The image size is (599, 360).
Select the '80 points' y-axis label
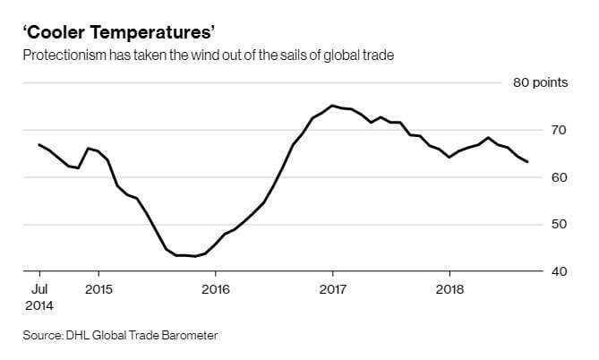tap(541, 83)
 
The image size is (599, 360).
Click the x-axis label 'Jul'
tap(39, 289)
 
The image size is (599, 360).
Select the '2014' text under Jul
tap(39, 305)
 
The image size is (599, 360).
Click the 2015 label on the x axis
tap(98, 289)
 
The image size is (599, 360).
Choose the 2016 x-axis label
tap(216, 289)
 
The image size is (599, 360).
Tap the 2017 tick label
tap(332, 289)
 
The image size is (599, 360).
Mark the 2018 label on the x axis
tap(449, 289)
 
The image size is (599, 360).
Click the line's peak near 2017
tap(332, 106)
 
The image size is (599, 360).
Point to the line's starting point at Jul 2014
tap(39, 144)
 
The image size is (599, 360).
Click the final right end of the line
tap(527, 162)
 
